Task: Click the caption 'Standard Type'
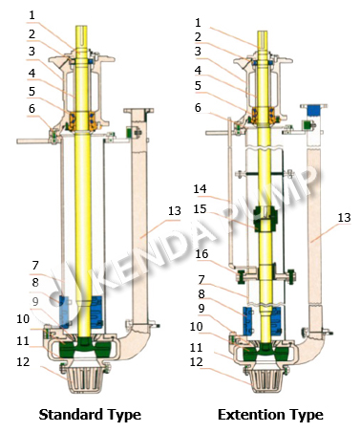pyautogui.click(x=90, y=415)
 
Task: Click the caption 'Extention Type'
pyautogui.click(x=270, y=415)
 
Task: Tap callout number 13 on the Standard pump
pyautogui.click(x=175, y=211)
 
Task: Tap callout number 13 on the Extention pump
pyautogui.click(x=344, y=218)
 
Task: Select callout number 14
pyautogui.click(x=200, y=189)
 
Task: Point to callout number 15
pyautogui.click(x=200, y=209)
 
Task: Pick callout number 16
pyautogui.click(x=201, y=254)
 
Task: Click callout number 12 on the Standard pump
pyautogui.click(x=23, y=362)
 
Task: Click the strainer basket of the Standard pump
pyautogui.click(x=85, y=379)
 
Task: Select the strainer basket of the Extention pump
pyautogui.click(x=266, y=379)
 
